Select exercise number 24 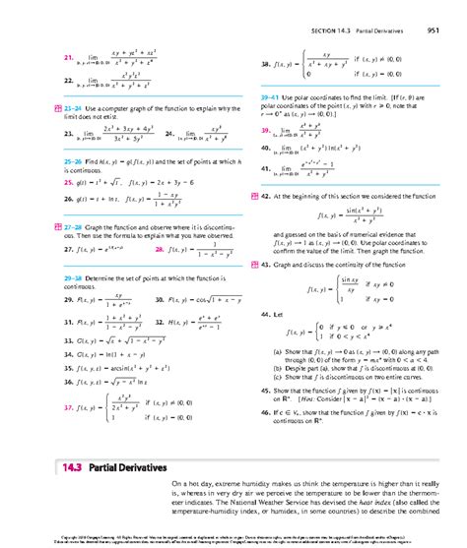click(x=170, y=131)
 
